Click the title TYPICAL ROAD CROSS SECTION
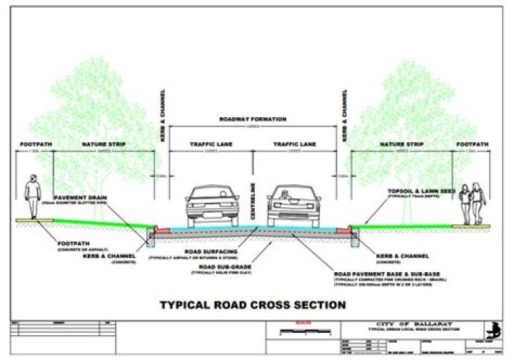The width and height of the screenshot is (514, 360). [253, 305]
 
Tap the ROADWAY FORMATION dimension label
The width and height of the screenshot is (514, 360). [253, 119]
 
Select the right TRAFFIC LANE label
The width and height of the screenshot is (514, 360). [296, 144]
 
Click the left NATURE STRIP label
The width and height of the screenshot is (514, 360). [104, 144]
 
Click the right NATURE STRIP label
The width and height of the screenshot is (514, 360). [402, 144]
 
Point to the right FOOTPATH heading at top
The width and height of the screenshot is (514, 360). [472, 144]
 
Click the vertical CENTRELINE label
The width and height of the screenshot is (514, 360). [252, 192]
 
